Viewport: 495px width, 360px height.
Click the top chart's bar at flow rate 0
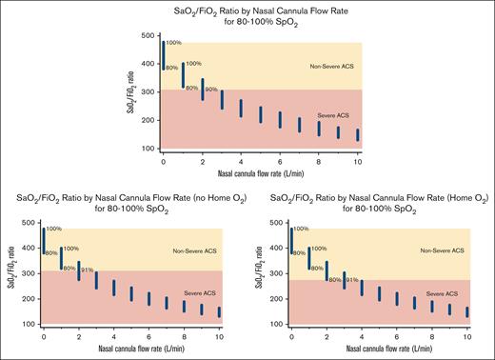tap(163, 55)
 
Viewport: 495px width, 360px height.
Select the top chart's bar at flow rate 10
tap(358, 134)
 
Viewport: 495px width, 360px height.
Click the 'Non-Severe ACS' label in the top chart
tap(332, 66)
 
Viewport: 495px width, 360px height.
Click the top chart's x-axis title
tap(260, 172)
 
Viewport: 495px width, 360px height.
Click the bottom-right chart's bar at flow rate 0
tap(291, 240)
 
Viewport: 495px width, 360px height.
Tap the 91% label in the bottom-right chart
tap(352, 280)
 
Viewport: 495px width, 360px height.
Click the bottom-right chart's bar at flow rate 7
tap(414, 302)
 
